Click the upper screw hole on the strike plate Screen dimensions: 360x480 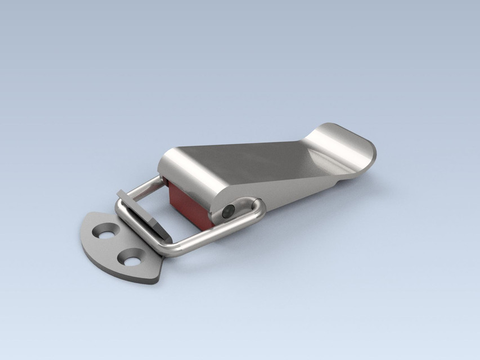pos(106,231)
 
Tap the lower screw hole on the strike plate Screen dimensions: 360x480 pos(129,258)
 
